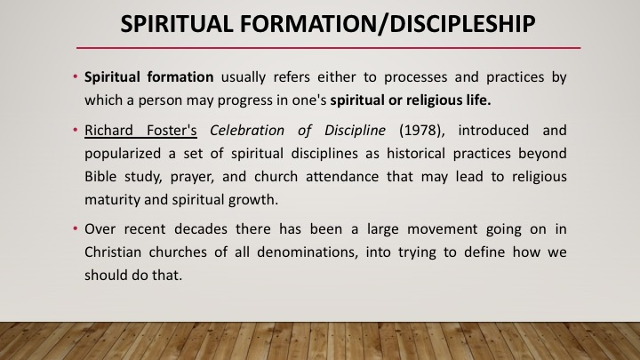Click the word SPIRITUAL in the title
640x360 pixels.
click(177, 24)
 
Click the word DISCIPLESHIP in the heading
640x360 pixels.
click(462, 24)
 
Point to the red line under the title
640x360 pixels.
click(328, 48)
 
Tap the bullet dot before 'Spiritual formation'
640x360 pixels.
click(76, 76)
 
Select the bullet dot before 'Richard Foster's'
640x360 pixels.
click(76, 130)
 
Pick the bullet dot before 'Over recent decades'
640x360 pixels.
click(76, 228)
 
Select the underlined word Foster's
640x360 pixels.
click(172, 130)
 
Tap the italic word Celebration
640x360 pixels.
click(247, 130)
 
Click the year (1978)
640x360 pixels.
click(421, 131)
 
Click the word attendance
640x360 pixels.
click(342, 176)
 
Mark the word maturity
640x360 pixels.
click(112, 200)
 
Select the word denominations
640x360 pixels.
click(308, 252)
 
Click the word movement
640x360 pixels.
click(442, 229)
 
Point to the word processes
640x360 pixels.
click(415, 77)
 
